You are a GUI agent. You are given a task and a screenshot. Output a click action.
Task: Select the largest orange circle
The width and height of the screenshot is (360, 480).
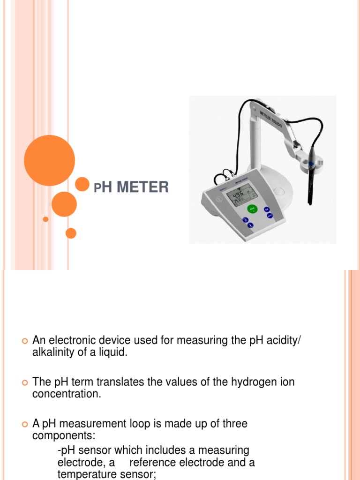pyautogui.click(x=49, y=160)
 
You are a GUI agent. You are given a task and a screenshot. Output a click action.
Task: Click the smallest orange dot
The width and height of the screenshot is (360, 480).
pyautogui.click(x=45, y=219)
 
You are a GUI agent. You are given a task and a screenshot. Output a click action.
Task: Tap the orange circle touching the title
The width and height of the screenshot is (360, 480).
pyautogui.click(x=82, y=184)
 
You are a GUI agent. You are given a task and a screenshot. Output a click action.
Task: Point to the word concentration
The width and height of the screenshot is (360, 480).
pyautogui.click(x=66, y=394)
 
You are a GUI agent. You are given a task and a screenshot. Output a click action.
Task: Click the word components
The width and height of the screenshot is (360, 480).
pyautogui.click(x=63, y=436)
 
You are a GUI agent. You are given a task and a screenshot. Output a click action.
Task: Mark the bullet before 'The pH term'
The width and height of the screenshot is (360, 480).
pyautogui.click(x=25, y=382)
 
